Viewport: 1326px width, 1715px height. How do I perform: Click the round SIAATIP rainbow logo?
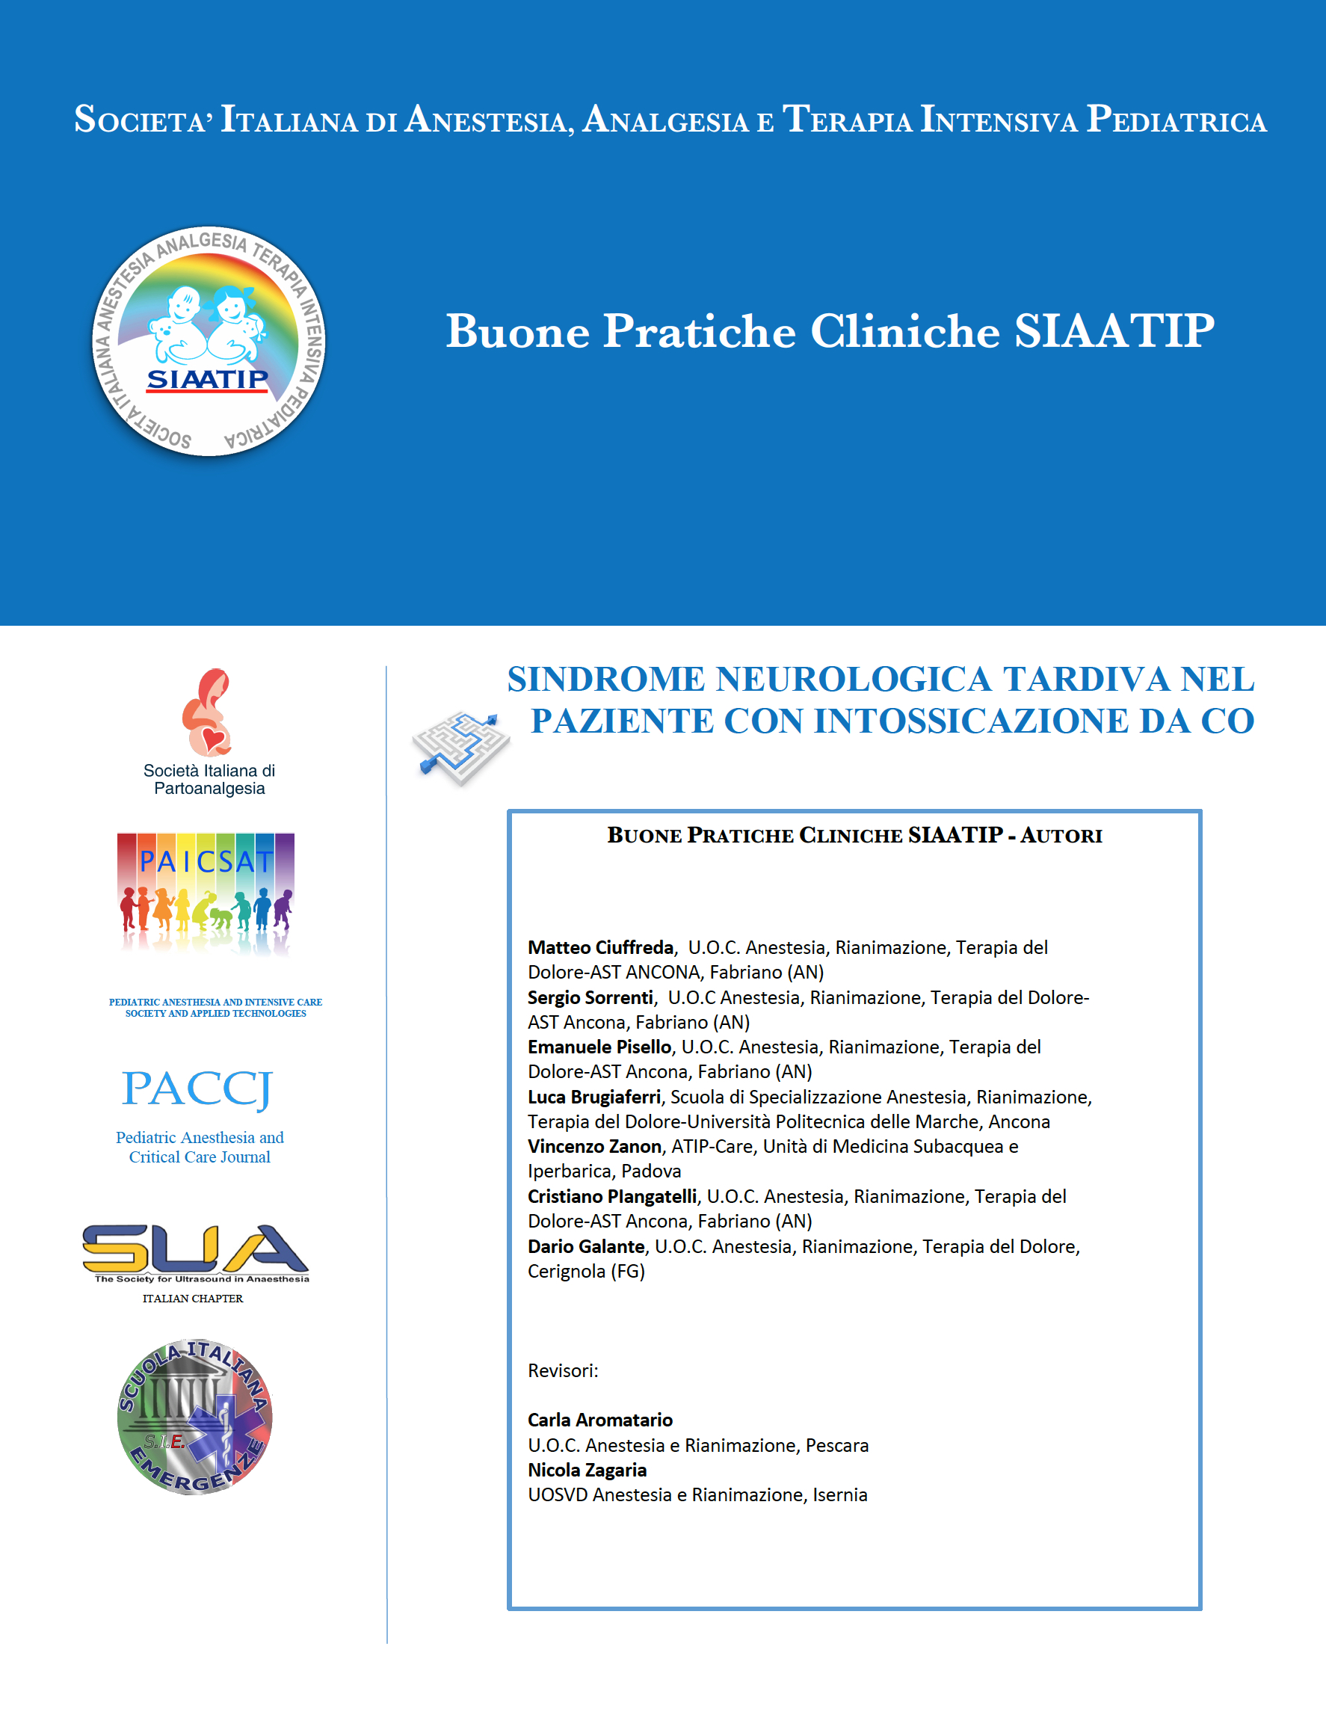[x=209, y=341]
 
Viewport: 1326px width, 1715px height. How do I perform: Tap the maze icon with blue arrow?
[x=461, y=747]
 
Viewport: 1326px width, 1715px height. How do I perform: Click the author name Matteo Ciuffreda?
[x=600, y=947]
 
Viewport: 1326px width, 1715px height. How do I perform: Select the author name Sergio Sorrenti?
[x=590, y=997]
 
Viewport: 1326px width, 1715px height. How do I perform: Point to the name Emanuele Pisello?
[x=599, y=1047]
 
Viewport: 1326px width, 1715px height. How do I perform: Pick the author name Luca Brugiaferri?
[x=594, y=1097]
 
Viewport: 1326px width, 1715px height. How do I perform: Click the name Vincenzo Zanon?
[x=594, y=1147]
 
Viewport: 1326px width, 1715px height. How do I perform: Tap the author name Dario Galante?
[x=586, y=1246]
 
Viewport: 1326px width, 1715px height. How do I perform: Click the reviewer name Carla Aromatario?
[x=599, y=1420]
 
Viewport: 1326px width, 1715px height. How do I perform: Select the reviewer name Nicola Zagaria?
[x=588, y=1470]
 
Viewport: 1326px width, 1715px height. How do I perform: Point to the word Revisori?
[x=562, y=1370]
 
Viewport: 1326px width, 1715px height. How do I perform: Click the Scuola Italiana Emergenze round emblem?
[x=194, y=1417]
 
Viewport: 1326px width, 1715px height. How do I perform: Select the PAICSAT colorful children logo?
[x=206, y=893]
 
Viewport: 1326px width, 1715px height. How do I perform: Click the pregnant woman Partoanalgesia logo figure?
[x=207, y=712]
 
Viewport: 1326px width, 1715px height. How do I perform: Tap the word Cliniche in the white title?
[x=904, y=330]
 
